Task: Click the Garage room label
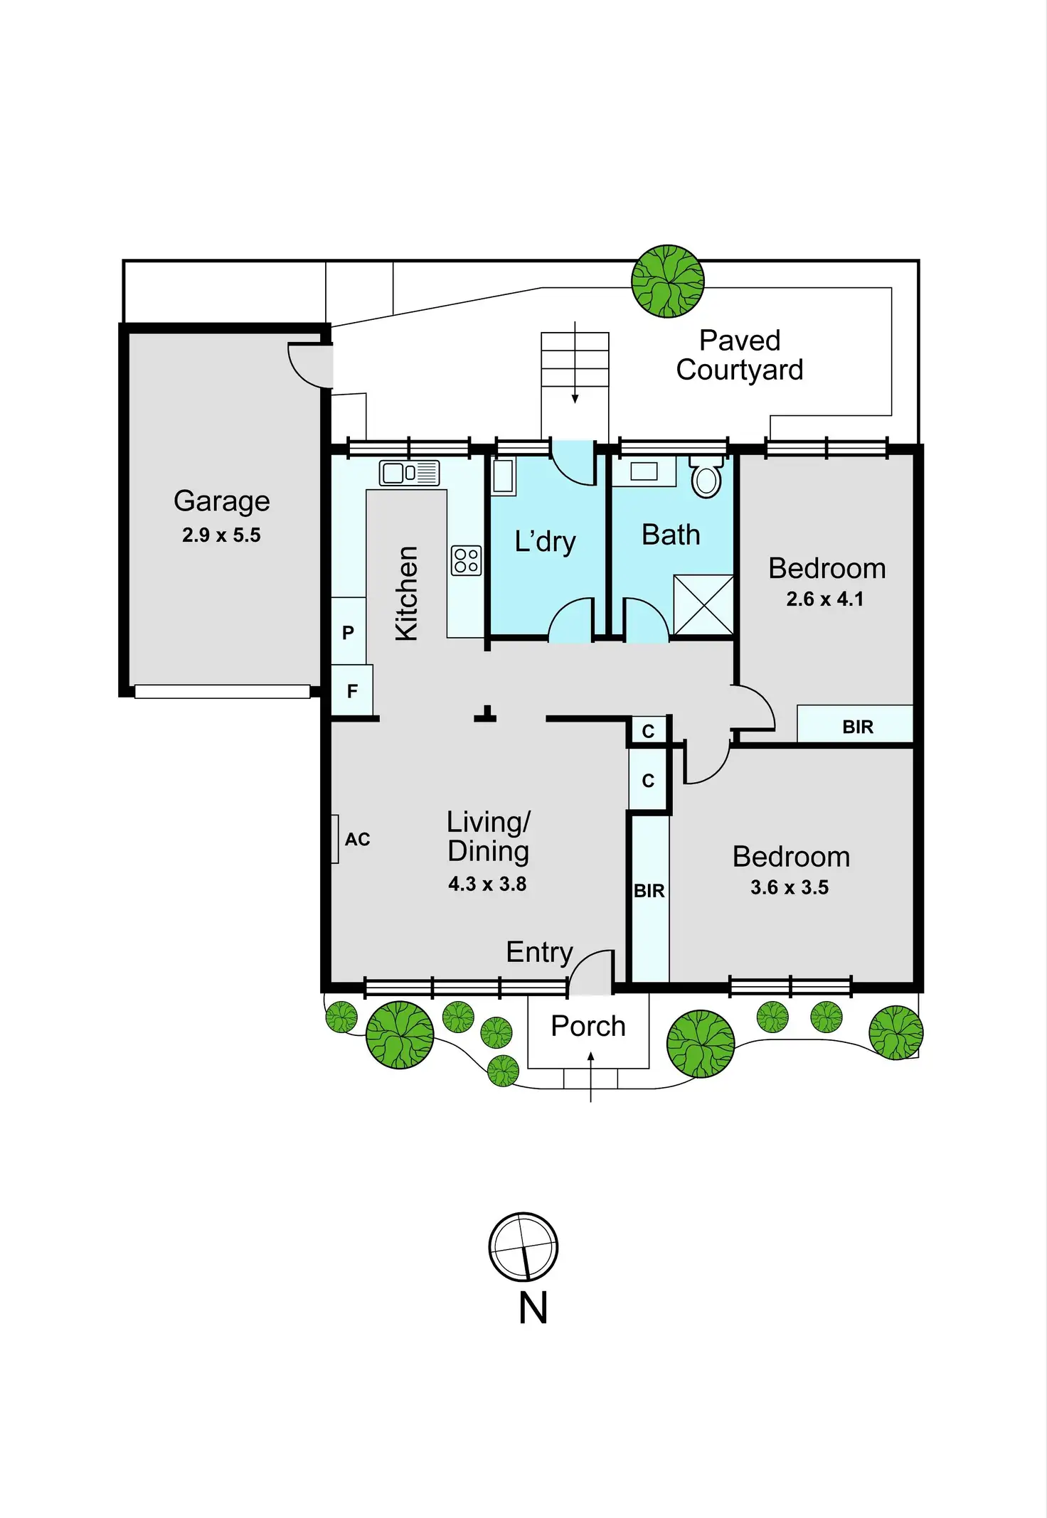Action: pyautogui.click(x=221, y=501)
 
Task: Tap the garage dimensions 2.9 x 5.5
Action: pyautogui.click(x=221, y=535)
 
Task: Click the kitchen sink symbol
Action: pyautogui.click(x=409, y=473)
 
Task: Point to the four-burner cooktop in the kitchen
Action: pyautogui.click(x=466, y=560)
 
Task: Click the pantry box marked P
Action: pyautogui.click(x=348, y=632)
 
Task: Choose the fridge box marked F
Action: pyautogui.click(x=352, y=690)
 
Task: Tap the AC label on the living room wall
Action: pyautogui.click(x=357, y=839)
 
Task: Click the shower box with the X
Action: pyautogui.click(x=703, y=604)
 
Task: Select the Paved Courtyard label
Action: pyautogui.click(x=740, y=356)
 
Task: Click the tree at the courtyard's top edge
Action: pyautogui.click(x=667, y=281)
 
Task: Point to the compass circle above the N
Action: pyautogui.click(x=523, y=1246)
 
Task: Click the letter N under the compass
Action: pyautogui.click(x=533, y=1308)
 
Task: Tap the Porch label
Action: pyautogui.click(x=588, y=1026)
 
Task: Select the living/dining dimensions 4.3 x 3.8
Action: pyautogui.click(x=487, y=884)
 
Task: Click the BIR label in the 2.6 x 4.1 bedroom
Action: pyautogui.click(x=858, y=727)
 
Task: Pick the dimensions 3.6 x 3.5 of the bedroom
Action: pyautogui.click(x=790, y=887)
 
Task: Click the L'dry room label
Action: pyautogui.click(x=546, y=542)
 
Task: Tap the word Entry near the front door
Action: pyautogui.click(x=539, y=952)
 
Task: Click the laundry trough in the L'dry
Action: pyautogui.click(x=503, y=476)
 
